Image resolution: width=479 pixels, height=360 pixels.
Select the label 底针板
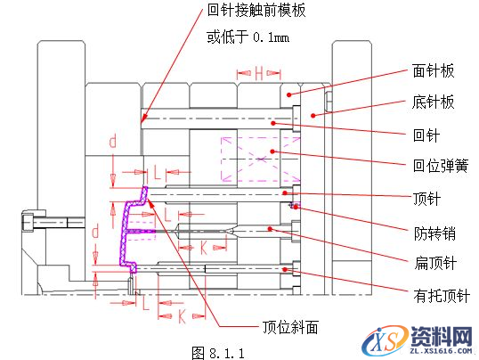(x=434, y=102)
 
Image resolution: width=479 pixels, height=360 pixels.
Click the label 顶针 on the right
(x=427, y=198)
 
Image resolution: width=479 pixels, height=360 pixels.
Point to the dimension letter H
(x=259, y=74)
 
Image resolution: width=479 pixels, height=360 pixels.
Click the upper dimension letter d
(x=113, y=142)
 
